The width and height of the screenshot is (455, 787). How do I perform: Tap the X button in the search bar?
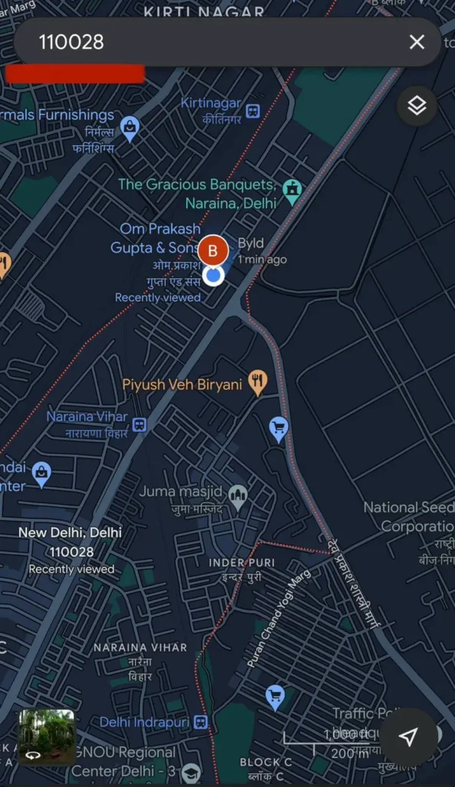(x=417, y=42)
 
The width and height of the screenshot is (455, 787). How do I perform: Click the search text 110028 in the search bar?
(x=71, y=42)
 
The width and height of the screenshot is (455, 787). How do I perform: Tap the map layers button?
(x=417, y=106)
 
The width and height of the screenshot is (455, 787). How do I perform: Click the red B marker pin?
(x=213, y=251)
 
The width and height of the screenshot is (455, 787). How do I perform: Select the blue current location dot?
(x=213, y=275)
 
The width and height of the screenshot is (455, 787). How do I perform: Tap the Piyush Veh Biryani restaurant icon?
(x=258, y=381)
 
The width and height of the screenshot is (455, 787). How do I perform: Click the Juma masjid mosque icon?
(x=238, y=495)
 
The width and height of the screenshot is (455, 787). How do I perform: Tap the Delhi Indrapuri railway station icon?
(x=200, y=722)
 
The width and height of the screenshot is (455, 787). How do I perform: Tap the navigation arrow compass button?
(x=408, y=737)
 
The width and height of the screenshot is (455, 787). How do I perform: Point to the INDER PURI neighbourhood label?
(x=242, y=563)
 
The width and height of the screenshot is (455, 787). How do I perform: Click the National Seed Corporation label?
(x=408, y=516)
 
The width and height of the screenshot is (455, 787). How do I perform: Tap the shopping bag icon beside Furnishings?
(x=130, y=127)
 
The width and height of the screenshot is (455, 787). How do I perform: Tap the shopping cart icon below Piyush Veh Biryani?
(x=279, y=427)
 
